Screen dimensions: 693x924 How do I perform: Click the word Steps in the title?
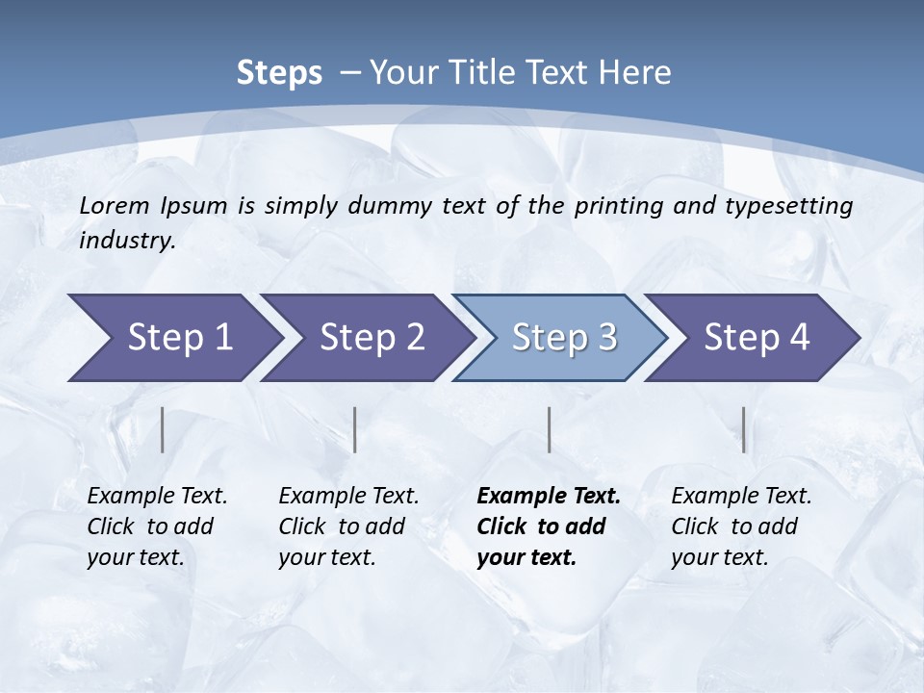pos(279,73)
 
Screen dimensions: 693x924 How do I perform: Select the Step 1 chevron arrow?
pos(173,338)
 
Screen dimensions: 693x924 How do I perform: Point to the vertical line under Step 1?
pos(163,429)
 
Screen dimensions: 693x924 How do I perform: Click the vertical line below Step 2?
pos(355,429)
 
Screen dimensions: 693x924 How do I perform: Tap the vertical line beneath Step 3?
pos(549,429)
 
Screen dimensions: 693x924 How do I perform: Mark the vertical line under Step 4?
pos(744,429)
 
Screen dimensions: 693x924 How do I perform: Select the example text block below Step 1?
pos(157,526)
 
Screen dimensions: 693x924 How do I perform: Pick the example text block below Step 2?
pos(348,526)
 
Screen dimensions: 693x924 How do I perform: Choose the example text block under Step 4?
pos(741,526)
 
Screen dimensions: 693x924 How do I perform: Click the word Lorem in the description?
pos(115,206)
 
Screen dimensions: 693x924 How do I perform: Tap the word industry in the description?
pos(126,241)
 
